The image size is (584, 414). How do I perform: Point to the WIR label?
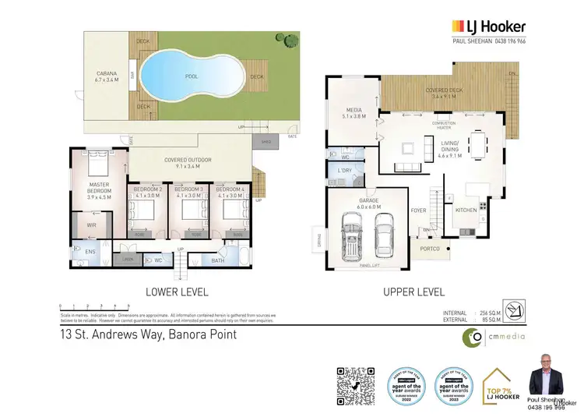click(x=91, y=225)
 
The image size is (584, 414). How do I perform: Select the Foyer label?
click(x=418, y=210)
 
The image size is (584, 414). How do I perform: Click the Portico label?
click(x=429, y=249)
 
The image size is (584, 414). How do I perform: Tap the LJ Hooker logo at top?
click(x=488, y=27)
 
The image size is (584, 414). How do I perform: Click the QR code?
click(x=356, y=384)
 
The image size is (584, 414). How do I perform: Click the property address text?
click(x=148, y=335)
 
